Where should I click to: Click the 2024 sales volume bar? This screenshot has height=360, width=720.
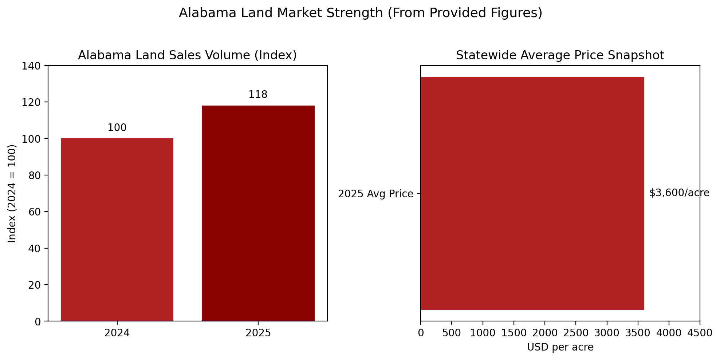(x=117, y=229)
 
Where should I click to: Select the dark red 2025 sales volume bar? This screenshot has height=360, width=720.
(x=258, y=213)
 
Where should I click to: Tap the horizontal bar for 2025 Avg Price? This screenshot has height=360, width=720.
(x=532, y=193)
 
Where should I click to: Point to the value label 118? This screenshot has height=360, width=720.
(x=258, y=95)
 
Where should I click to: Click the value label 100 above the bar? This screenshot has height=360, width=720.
(x=117, y=128)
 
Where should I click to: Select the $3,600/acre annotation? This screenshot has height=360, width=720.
(x=679, y=193)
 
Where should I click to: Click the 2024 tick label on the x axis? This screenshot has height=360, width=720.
(x=117, y=333)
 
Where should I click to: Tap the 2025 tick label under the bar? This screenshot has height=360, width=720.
(x=258, y=333)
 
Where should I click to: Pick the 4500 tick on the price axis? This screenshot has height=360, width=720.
(x=700, y=333)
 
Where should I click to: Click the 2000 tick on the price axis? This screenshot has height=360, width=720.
(x=544, y=333)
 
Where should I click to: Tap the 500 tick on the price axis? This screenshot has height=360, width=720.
(x=452, y=333)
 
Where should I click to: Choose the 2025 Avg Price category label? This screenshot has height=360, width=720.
(x=375, y=194)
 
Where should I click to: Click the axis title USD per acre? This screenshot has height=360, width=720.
(x=560, y=347)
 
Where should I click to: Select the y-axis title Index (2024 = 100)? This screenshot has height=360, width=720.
(x=12, y=193)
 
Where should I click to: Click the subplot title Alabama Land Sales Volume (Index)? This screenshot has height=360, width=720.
(x=188, y=55)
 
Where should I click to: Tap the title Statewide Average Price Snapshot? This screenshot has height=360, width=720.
(x=560, y=55)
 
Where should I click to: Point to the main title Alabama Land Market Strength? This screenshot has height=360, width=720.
(x=361, y=13)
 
